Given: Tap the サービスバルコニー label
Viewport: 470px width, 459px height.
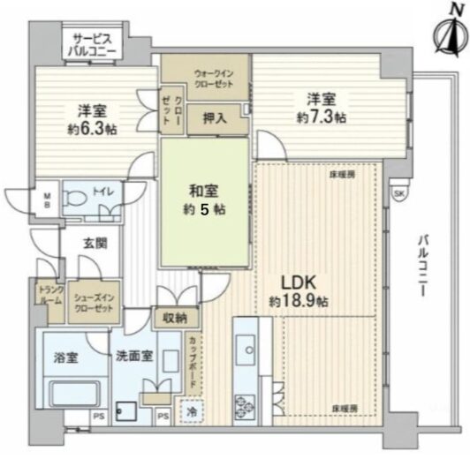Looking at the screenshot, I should point(92,44).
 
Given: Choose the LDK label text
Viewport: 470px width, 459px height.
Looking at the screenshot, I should point(299,282).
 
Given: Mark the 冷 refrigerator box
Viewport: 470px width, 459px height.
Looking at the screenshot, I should point(192,412).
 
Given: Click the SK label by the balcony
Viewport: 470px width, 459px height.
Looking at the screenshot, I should point(399,194).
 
